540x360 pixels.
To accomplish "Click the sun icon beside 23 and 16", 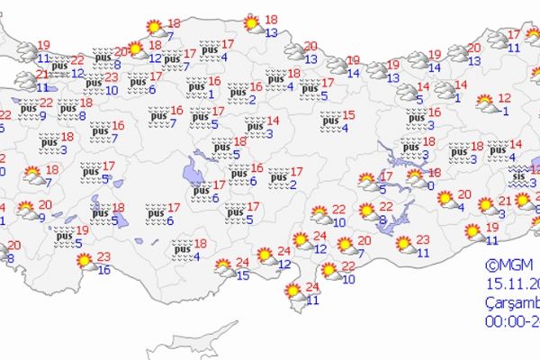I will click(86, 262).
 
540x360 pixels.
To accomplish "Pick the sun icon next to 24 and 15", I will click(223, 267).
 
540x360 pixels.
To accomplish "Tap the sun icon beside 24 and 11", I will click(292, 292).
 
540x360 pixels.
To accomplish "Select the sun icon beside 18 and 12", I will click(135, 50).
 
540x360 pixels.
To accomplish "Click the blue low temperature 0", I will click(433, 185).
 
